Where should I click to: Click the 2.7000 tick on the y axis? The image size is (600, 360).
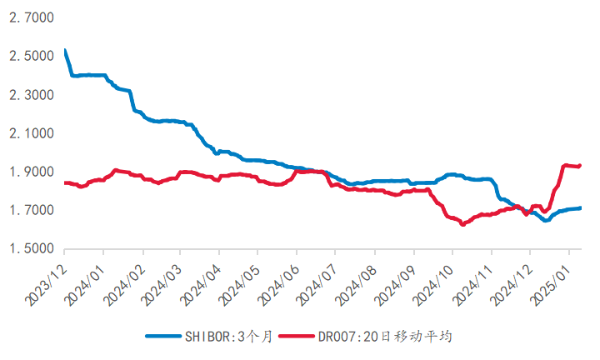[31, 17]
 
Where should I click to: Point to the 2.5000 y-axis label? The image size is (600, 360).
[31, 56]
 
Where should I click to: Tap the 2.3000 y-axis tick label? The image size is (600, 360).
[31, 95]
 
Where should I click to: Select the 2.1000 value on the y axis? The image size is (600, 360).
[31, 133]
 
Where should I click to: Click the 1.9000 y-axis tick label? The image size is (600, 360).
[31, 172]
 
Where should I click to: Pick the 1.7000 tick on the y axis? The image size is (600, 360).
[31, 210]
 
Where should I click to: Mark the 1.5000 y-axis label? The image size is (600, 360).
[31, 249]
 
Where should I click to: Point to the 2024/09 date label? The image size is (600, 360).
[397, 280]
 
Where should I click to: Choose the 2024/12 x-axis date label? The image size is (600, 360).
[513, 280]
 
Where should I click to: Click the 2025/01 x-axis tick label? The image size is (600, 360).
[552, 280]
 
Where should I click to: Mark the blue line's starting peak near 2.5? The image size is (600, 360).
[65, 51]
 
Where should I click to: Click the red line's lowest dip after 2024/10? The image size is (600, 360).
[463, 224]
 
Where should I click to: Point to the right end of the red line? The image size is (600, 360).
[580, 166]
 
